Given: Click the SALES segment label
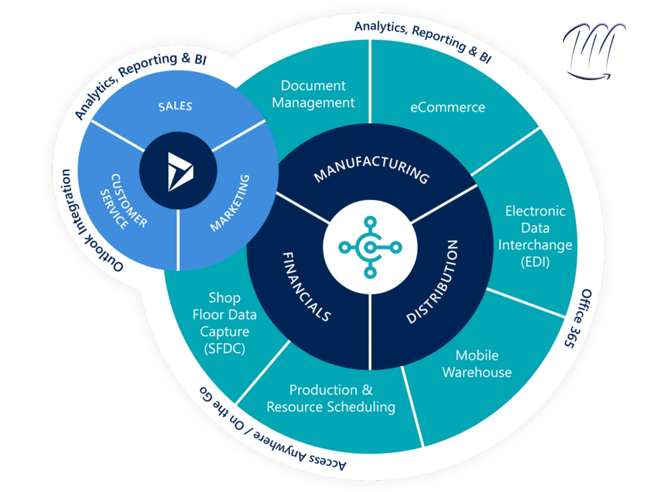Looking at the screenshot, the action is coord(175,106).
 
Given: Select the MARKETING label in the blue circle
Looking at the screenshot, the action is coord(230,203).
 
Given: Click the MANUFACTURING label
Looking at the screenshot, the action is coord(372,169).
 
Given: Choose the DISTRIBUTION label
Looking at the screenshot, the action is coord(432,281).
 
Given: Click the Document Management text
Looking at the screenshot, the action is coord(313,94).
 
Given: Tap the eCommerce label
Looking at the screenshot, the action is coord(447,108).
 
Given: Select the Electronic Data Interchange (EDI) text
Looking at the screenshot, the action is coord(535,236).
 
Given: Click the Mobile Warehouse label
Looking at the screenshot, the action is coord(477,364).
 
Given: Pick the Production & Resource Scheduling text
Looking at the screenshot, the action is coord(331,398).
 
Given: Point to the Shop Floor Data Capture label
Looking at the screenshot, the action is coord(225,323).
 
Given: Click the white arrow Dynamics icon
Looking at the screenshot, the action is coord(180,171).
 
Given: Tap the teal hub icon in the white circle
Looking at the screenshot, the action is coord(370,247).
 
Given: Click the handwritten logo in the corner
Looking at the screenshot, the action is coord(594,51).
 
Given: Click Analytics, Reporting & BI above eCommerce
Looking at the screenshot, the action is coord(423,40).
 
